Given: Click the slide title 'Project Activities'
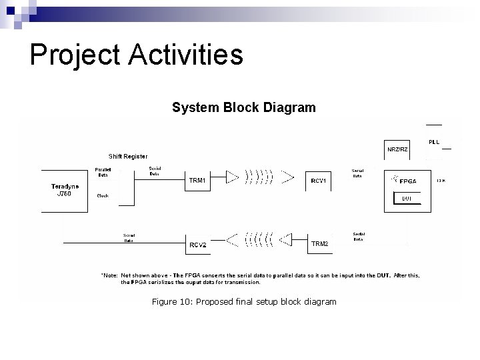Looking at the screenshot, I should click(x=136, y=55).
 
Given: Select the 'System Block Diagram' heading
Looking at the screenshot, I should click(x=243, y=107).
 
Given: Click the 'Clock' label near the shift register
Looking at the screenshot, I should click(x=103, y=196).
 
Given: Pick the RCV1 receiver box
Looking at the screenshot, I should click(x=319, y=181).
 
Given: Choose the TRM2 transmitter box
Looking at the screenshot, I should click(x=319, y=244).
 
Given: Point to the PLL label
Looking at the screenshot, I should click(x=434, y=142).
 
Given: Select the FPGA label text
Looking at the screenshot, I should click(x=410, y=181).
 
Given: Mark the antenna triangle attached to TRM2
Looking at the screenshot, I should click(x=286, y=237).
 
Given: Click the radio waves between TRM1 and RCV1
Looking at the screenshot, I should click(x=259, y=177).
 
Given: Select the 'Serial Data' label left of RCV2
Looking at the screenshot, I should click(x=128, y=237).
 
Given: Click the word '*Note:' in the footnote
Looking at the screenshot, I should click(x=109, y=275).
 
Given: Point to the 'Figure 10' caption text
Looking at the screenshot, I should click(x=243, y=302).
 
